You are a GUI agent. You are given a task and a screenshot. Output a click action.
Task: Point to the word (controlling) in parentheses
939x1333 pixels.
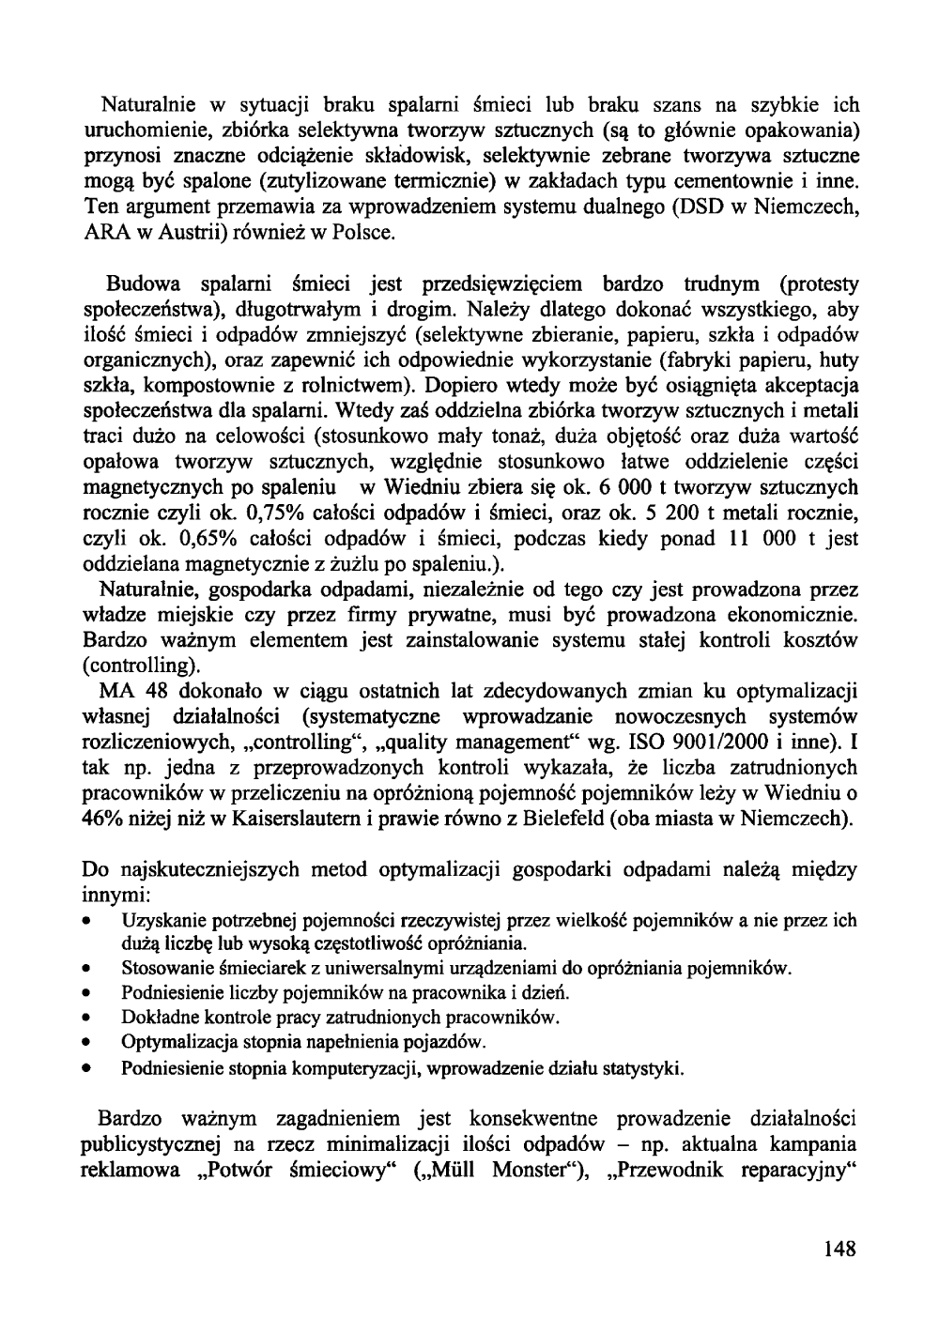click(x=142, y=666)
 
